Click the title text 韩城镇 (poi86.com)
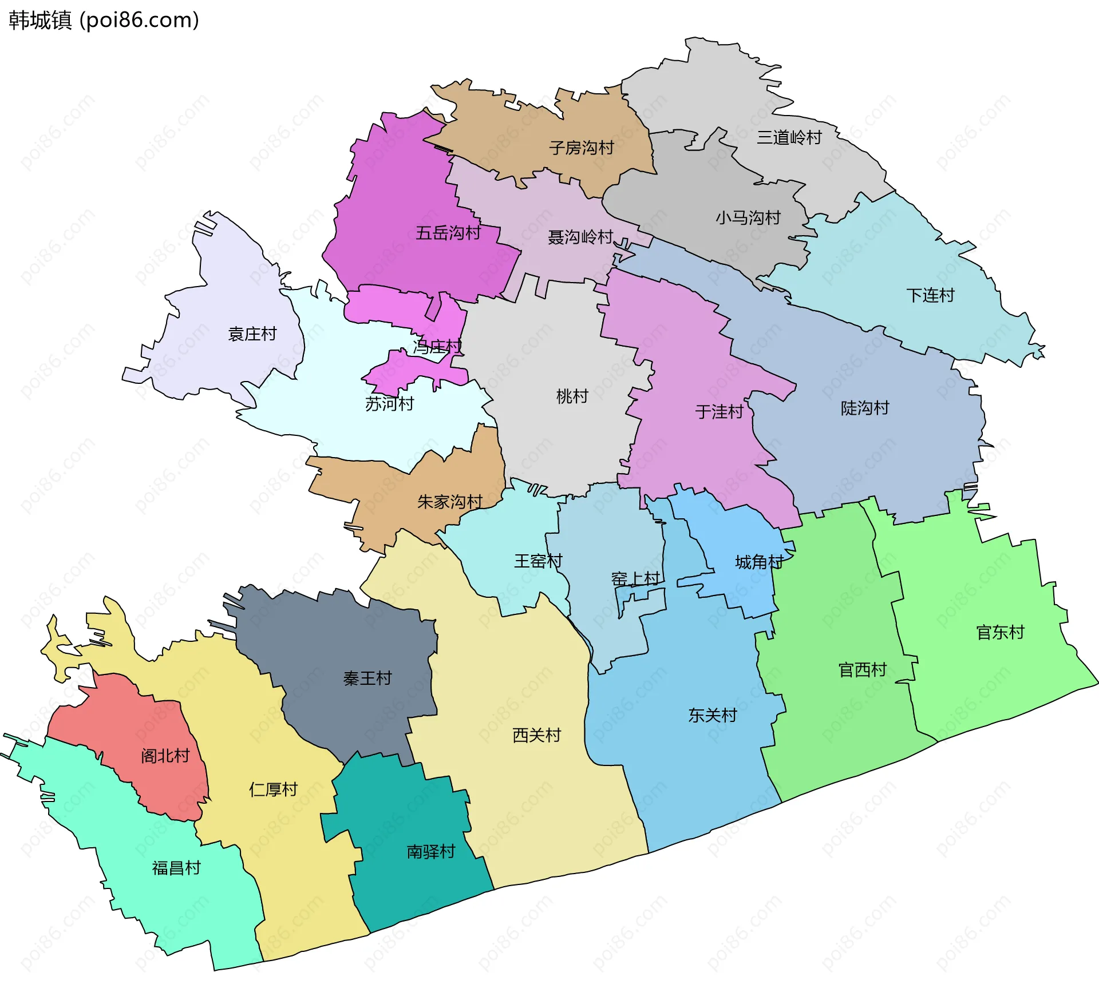(x=104, y=20)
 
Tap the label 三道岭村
(x=789, y=137)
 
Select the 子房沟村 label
(x=581, y=148)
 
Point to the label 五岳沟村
(x=448, y=233)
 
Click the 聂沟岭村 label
(x=580, y=237)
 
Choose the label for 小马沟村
(x=748, y=217)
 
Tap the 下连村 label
(x=930, y=295)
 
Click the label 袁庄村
(x=252, y=334)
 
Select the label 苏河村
(x=389, y=404)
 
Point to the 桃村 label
(x=572, y=396)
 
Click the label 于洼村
(x=719, y=411)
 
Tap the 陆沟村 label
(x=864, y=408)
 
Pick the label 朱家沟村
(x=449, y=502)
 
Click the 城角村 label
(x=759, y=562)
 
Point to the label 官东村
(x=999, y=632)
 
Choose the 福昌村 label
(x=176, y=868)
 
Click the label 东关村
(x=712, y=715)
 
